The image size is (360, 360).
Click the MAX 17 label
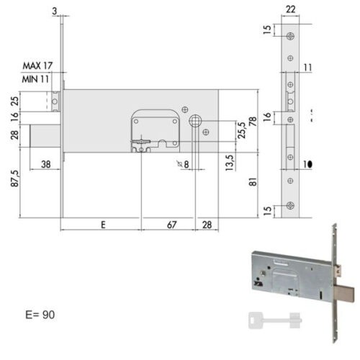pyautogui.click(x=37, y=66)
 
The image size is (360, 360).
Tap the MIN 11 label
pyautogui.click(x=35, y=79)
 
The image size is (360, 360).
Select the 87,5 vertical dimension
pyautogui.click(x=14, y=179)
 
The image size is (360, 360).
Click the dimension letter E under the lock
pyautogui.click(x=103, y=225)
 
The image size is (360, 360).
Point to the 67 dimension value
pyautogui.click(x=172, y=225)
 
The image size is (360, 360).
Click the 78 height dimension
pyautogui.click(x=253, y=122)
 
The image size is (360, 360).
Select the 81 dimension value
pyautogui.click(x=253, y=181)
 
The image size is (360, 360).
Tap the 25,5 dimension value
pyautogui.click(x=242, y=130)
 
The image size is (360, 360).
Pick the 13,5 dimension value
pyautogui.click(x=230, y=163)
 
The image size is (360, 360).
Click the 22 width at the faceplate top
pyautogui.click(x=290, y=9)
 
